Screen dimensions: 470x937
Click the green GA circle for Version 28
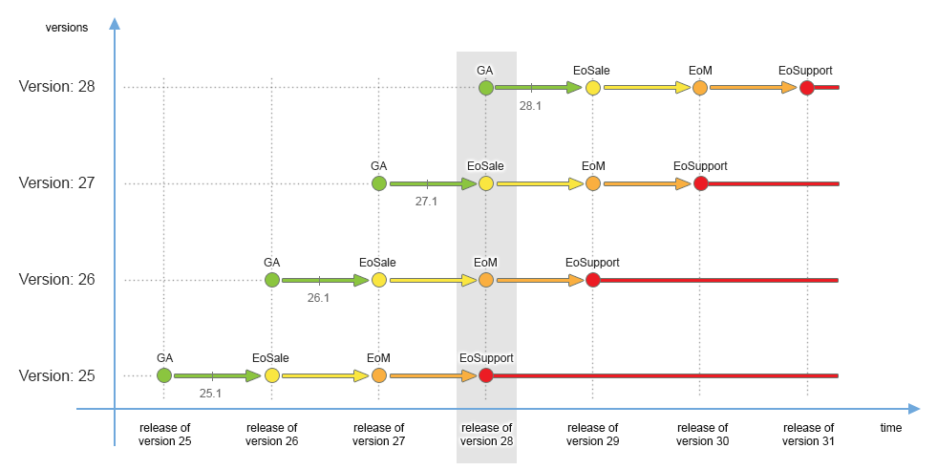tap(485, 88)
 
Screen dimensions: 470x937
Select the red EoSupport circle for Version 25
tap(485, 375)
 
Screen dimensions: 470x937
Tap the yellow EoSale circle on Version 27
tap(485, 183)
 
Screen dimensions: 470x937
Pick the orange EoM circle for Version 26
tap(485, 280)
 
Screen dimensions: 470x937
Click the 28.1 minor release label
tap(530, 106)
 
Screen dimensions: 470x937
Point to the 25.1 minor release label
tap(210, 393)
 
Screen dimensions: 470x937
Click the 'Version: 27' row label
tap(56, 183)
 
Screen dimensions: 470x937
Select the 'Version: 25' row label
tap(56, 375)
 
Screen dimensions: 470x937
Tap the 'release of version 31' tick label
tap(808, 434)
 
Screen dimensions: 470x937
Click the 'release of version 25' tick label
tap(164, 434)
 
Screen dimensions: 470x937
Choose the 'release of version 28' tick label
tap(486, 434)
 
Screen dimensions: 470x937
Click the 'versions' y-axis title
tap(67, 27)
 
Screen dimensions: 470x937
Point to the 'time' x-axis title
tap(890, 428)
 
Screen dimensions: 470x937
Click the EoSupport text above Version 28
tap(805, 70)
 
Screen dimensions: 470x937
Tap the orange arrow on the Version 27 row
tap(646, 183)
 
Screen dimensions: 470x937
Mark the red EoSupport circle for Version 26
tap(592, 280)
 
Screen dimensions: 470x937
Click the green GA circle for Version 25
tap(164, 375)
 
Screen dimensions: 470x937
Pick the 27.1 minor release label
tap(426, 202)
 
